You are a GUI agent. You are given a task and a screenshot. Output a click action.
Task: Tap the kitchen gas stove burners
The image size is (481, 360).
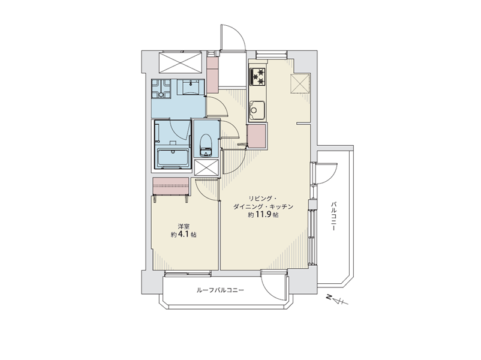tap(258, 76)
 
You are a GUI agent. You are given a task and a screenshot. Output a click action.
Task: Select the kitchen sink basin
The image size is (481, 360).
tap(257, 110)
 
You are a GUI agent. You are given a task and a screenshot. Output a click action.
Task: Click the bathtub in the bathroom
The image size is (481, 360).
tap(173, 158)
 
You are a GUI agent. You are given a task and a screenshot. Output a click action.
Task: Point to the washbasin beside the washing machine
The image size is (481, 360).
tap(193, 86)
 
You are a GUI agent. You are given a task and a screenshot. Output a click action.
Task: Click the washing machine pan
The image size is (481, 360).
tap(161, 89)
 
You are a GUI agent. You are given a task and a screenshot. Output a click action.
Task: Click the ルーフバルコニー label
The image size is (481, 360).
tap(220, 290)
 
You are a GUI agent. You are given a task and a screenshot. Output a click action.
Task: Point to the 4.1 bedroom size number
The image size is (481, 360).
tap(184, 235)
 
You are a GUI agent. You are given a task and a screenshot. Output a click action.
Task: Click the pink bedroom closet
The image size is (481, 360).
tap(170, 186)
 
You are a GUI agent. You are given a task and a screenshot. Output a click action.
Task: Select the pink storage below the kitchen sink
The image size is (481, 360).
tap(257, 136)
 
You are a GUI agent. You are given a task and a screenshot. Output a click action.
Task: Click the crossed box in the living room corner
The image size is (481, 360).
tap(300, 83)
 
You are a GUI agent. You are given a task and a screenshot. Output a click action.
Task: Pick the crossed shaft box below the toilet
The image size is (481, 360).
tap(206, 167)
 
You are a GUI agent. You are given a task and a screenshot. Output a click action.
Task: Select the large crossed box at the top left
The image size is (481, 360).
tap(181, 62)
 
